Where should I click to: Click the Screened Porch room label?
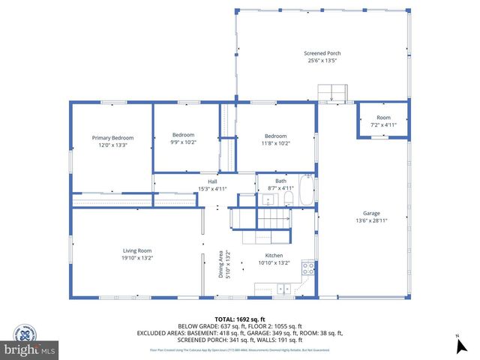click(x=322, y=53)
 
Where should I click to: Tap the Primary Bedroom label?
click(x=112, y=138)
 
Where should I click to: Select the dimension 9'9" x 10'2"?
click(x=184, y=142)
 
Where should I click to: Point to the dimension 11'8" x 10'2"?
click(x=275, y=142)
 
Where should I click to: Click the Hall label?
click(x=212, y=181)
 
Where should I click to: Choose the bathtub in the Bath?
click(x=307, y=191)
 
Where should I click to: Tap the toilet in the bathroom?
click(x=288, y=199)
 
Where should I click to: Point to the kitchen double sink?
click(x=283, y=287)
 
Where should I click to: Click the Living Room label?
click(x=137, y=250)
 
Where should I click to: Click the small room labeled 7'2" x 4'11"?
click(x=382, y=121)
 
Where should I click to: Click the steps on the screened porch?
click(x=333, y=92)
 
